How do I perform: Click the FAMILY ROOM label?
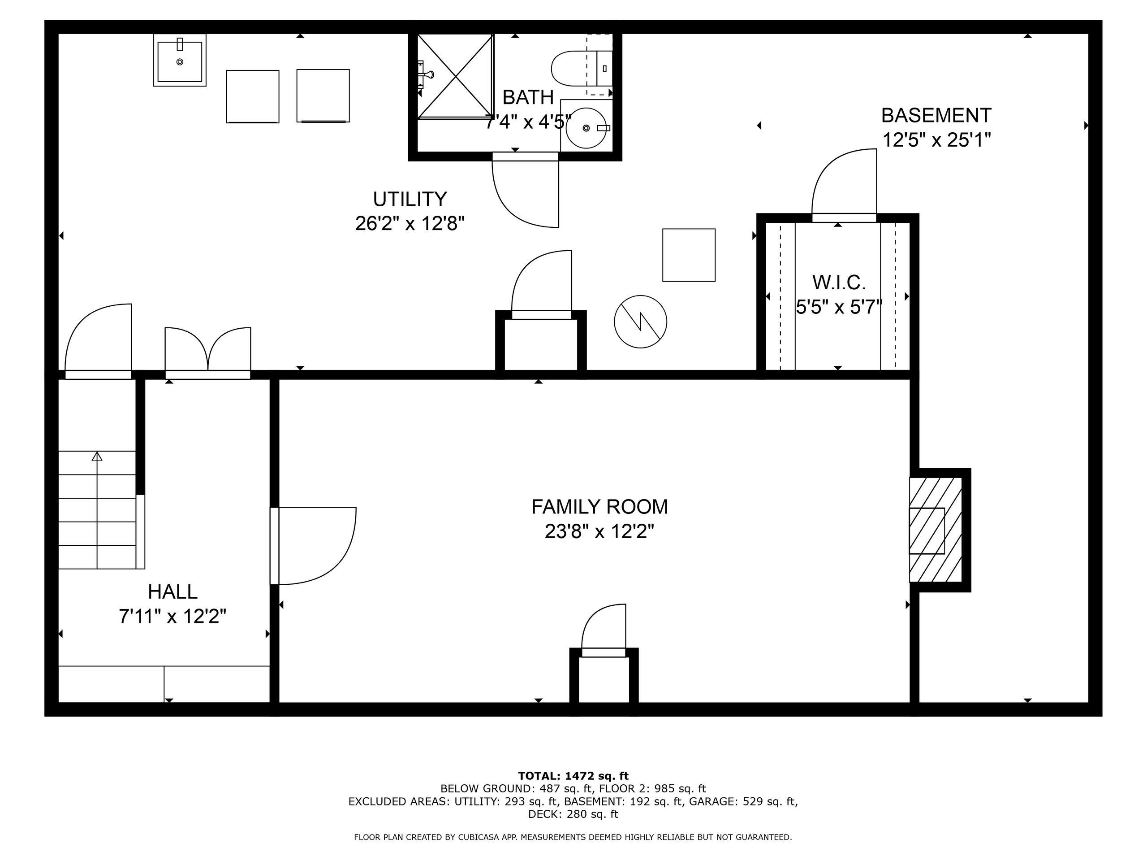click(x=599, y=507)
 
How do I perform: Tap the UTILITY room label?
click(x=410, y=199)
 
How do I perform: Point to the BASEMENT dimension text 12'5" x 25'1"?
click(x=936, y=140)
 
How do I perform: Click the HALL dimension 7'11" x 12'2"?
click(x=172, y=617)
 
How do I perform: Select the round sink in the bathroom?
click(x=586, y=128)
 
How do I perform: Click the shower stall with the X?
click(x=455, y=76)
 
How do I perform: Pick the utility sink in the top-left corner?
click(x=179, y=60)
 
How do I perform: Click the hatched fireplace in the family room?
click(x=936, y=530)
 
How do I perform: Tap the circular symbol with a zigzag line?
click(x=640, y=322)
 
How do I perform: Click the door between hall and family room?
click(x=314, y=546)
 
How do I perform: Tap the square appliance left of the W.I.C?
click(x=689, y=255)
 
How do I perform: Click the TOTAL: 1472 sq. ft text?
click(x=573, y=776)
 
